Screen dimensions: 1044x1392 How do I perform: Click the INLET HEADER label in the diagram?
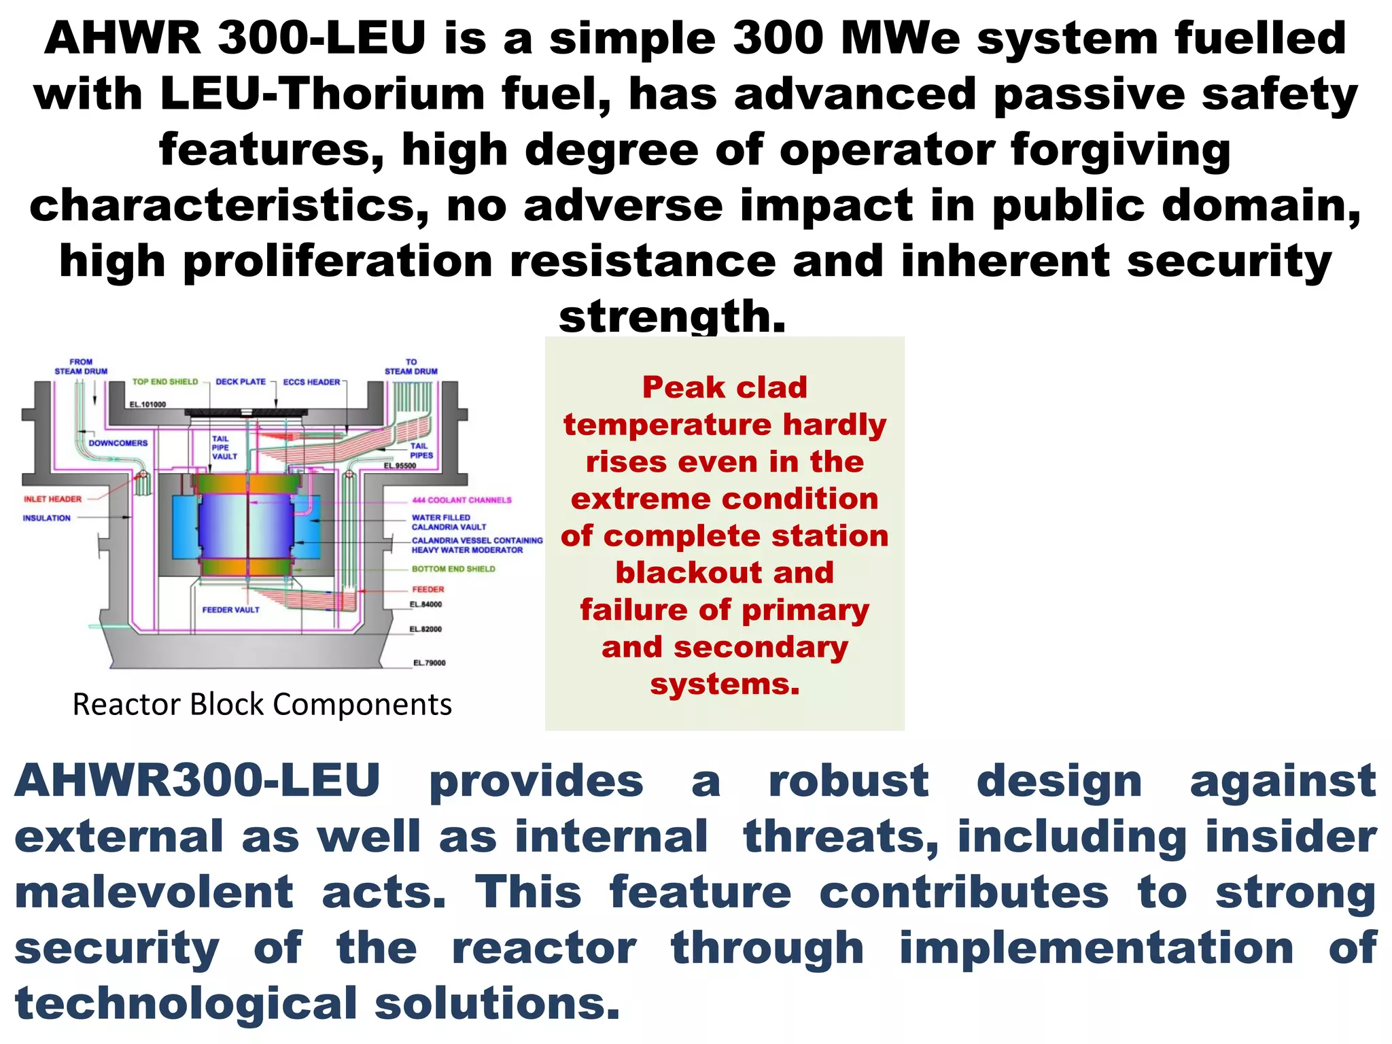(x=52, y=499)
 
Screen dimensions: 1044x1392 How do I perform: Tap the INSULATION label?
(x=46, y=518)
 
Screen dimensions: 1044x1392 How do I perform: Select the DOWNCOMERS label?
(x=118, y=443)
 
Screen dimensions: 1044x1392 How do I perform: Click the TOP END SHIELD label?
(x=164, y=382)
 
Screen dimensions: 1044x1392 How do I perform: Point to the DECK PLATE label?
(x=241, y=382)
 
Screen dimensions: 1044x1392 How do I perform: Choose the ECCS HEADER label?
(x=311, y=382)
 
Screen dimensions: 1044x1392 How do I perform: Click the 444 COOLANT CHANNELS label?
(x=462, y=500)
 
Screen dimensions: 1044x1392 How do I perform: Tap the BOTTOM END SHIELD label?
(x=453, y=569)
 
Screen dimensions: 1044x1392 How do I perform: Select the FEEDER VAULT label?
(x=230, y=610)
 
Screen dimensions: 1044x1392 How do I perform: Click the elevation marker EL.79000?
(x=430, y=663)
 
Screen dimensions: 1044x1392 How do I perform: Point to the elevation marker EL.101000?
(x=147, y=404)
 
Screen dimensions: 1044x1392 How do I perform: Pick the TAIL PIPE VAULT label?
(x=224, y=448)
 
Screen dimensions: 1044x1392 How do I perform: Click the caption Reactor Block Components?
(x=262, y=705)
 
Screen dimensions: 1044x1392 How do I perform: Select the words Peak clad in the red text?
(x=725, y=387)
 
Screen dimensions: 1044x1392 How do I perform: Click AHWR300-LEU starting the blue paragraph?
(x=197, y=781)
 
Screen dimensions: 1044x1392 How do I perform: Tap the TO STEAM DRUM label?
(x=411, y=367)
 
